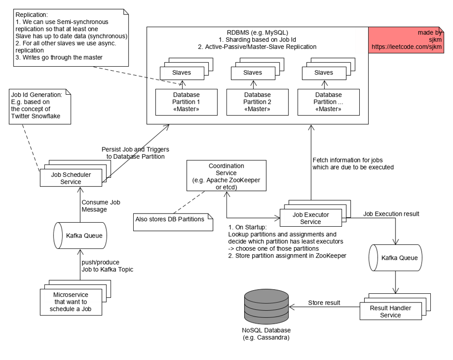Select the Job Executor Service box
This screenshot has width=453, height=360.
(310, 218)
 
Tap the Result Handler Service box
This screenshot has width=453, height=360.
(390, 311)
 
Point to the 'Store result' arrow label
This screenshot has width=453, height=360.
(323, 302)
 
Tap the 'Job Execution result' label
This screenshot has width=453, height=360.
(385, 213)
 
